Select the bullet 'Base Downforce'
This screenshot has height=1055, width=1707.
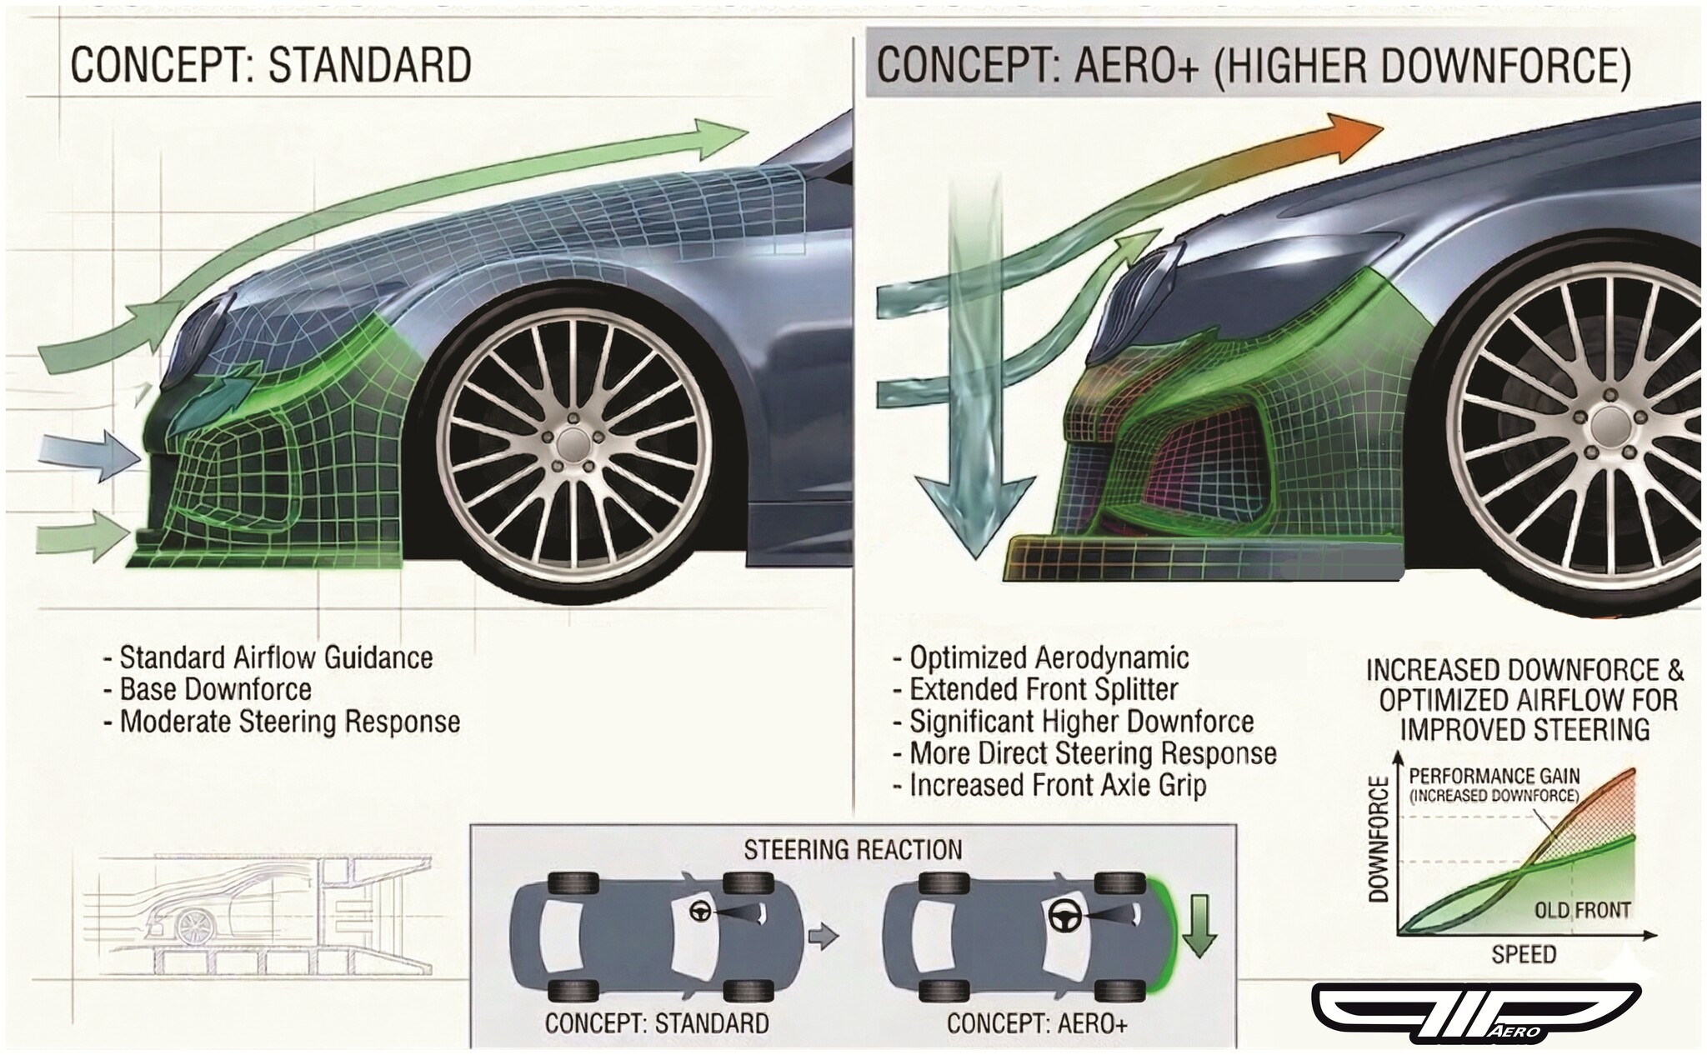click(x=215, y=689)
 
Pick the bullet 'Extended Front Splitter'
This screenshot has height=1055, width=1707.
click(x=1043, y=689)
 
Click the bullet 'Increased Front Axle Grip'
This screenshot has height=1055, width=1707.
click(x=1057, y=785)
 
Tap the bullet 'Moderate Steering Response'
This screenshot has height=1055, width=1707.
click(x=289, y=721)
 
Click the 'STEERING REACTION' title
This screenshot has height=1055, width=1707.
click(x=853, y=849)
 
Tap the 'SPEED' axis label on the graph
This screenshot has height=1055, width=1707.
click(x=1524, y=954)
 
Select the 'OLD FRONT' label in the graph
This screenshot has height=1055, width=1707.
click(x=1582, y=910)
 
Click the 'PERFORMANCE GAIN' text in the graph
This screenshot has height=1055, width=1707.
click(x=1494, y=776)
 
